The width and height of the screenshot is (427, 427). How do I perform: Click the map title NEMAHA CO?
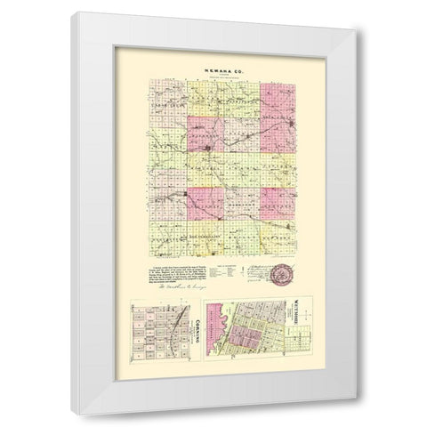coord(213,69)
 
